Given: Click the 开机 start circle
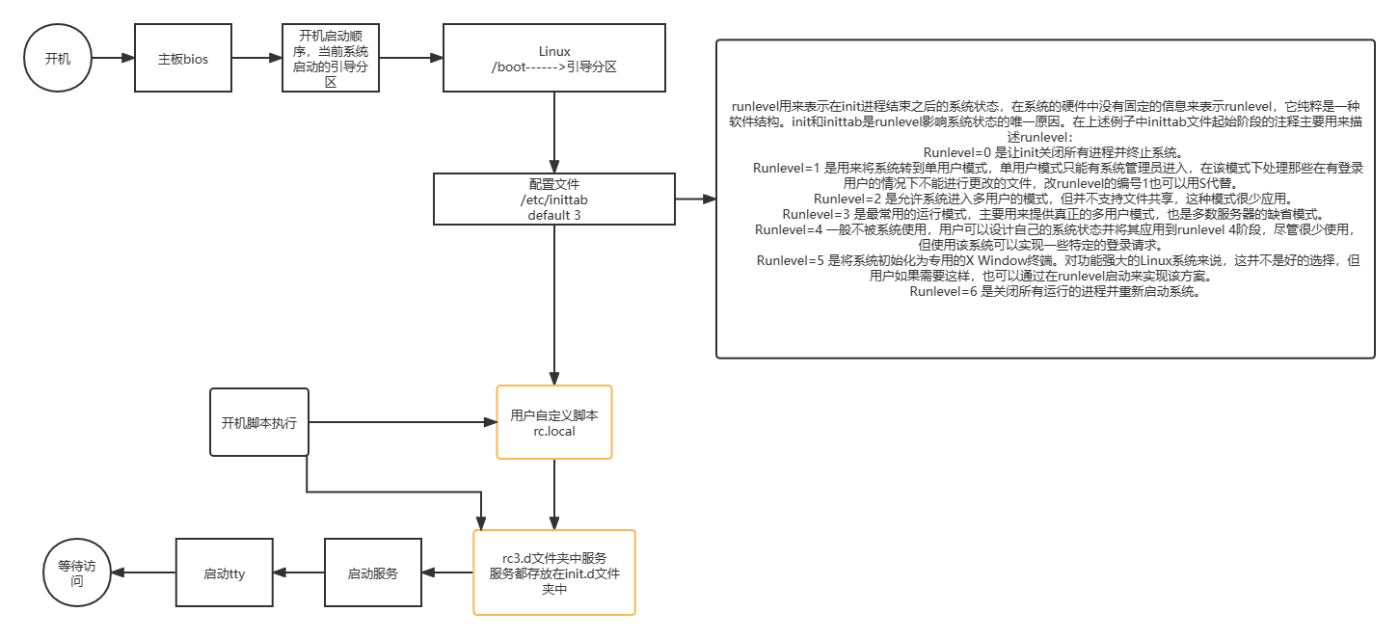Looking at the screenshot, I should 58,58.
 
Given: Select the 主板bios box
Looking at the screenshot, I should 183,59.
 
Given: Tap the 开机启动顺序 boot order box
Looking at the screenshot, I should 331,59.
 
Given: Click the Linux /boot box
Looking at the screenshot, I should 553,59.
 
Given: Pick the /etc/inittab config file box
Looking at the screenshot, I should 553,199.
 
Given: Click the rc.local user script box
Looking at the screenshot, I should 553,422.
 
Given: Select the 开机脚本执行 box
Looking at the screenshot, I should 258,422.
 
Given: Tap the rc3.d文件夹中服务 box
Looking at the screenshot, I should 553,572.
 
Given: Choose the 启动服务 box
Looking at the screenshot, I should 372,572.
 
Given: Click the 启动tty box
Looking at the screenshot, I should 224,572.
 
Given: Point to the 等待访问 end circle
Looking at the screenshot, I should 76,572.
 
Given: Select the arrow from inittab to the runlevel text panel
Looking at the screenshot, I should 695,200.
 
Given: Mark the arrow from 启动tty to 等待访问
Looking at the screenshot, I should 143,572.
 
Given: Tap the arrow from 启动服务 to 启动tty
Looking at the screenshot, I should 298,572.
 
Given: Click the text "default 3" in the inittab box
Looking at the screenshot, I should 553,215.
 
